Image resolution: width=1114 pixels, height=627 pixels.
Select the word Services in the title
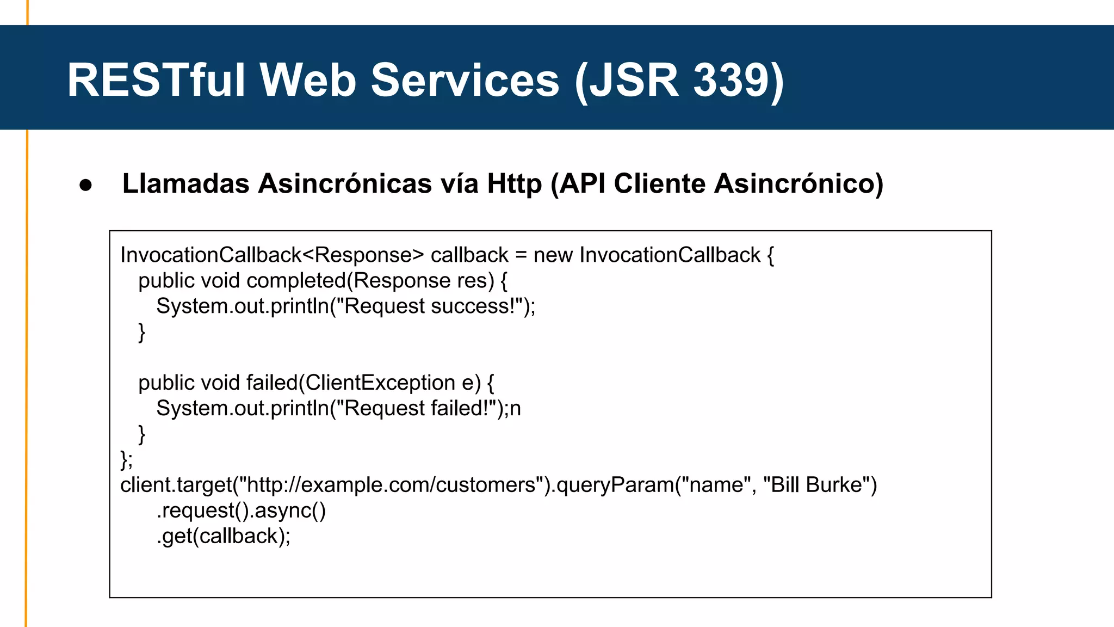(465, 81)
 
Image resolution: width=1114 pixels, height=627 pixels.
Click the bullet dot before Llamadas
(86, 185)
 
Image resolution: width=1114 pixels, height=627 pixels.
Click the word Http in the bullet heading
(514, 183)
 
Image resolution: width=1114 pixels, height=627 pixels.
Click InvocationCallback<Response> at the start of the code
(272, 255)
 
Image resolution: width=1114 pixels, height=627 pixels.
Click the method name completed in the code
(296, 281)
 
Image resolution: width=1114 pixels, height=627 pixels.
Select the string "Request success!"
(430, 306)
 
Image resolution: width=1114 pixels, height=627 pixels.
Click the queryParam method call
(615, 485)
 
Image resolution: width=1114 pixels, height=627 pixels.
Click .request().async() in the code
(241, 511)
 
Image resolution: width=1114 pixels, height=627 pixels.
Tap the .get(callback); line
(224, 536)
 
